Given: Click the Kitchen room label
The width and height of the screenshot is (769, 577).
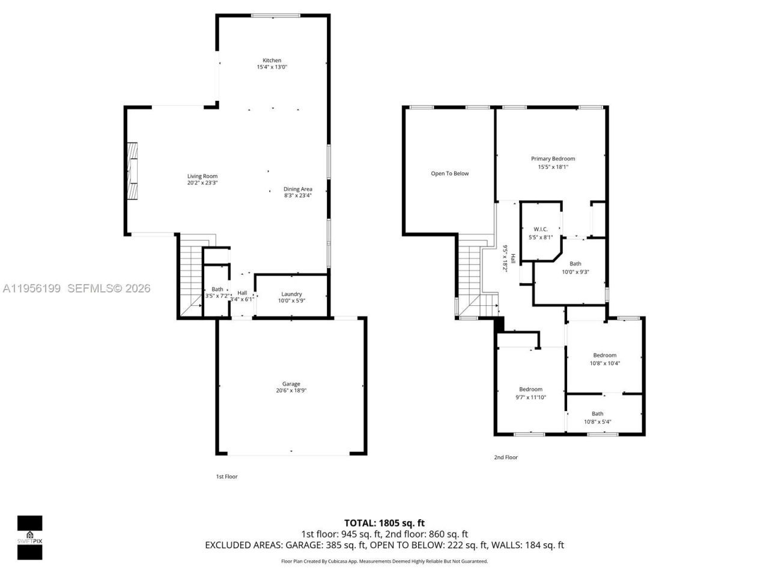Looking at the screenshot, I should click(x=272, y=60).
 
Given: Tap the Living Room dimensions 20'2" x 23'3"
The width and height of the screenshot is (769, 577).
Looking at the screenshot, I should click(x=202, y=183).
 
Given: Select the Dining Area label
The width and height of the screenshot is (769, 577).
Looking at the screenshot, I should click(x=298, y=189).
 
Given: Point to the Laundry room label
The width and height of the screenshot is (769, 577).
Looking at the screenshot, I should click(x=291, y=294).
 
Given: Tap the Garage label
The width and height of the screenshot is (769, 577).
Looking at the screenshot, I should click(x=291, y=384).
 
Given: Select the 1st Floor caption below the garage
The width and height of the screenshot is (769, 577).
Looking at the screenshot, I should click(x=226, y=477).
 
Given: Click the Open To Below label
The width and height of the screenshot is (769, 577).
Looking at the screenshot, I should click(x=449, y=174).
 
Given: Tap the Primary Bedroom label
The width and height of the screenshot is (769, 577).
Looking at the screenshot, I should click(x=553, y=159).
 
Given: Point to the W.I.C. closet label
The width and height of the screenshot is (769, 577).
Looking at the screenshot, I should click(x=540, y=229).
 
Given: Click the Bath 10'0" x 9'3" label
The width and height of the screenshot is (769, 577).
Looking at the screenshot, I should click(x=575, y=264).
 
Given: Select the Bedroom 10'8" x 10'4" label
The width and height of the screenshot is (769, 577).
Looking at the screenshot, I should click(x=604, y=355).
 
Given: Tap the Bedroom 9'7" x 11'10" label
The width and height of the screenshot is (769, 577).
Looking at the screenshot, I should click(x=530, y=389).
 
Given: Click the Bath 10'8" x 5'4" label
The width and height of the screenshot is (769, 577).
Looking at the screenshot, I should click(x=597, y=414).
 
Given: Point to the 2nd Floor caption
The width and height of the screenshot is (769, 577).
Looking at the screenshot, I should click(x=505, y=457).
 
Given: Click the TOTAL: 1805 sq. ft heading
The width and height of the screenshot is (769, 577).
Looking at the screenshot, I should click(x=384, y=523).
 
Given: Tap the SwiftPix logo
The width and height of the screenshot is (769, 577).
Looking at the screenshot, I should click(x=29, y=537).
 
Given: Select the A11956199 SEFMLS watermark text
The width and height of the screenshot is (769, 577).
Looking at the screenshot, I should click(x=76, y=288).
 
